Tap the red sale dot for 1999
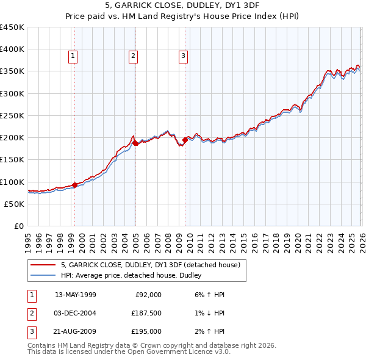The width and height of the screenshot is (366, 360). pyautogui.click(x=74, y=185)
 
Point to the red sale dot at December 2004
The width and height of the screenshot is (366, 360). pyautogui.click(x=135, y=143)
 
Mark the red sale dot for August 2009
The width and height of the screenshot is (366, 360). pyautogui.click(x=185, y=140)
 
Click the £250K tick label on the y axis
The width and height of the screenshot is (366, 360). pyautogui.click(x=13, y=115)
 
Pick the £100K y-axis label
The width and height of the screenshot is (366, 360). pyautogui.click(x=13, y=182)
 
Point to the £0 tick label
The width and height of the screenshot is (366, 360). pyautogui.click(x=18, y=226)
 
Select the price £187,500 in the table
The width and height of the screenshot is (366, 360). pyautogui.click(x=146, y=313)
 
